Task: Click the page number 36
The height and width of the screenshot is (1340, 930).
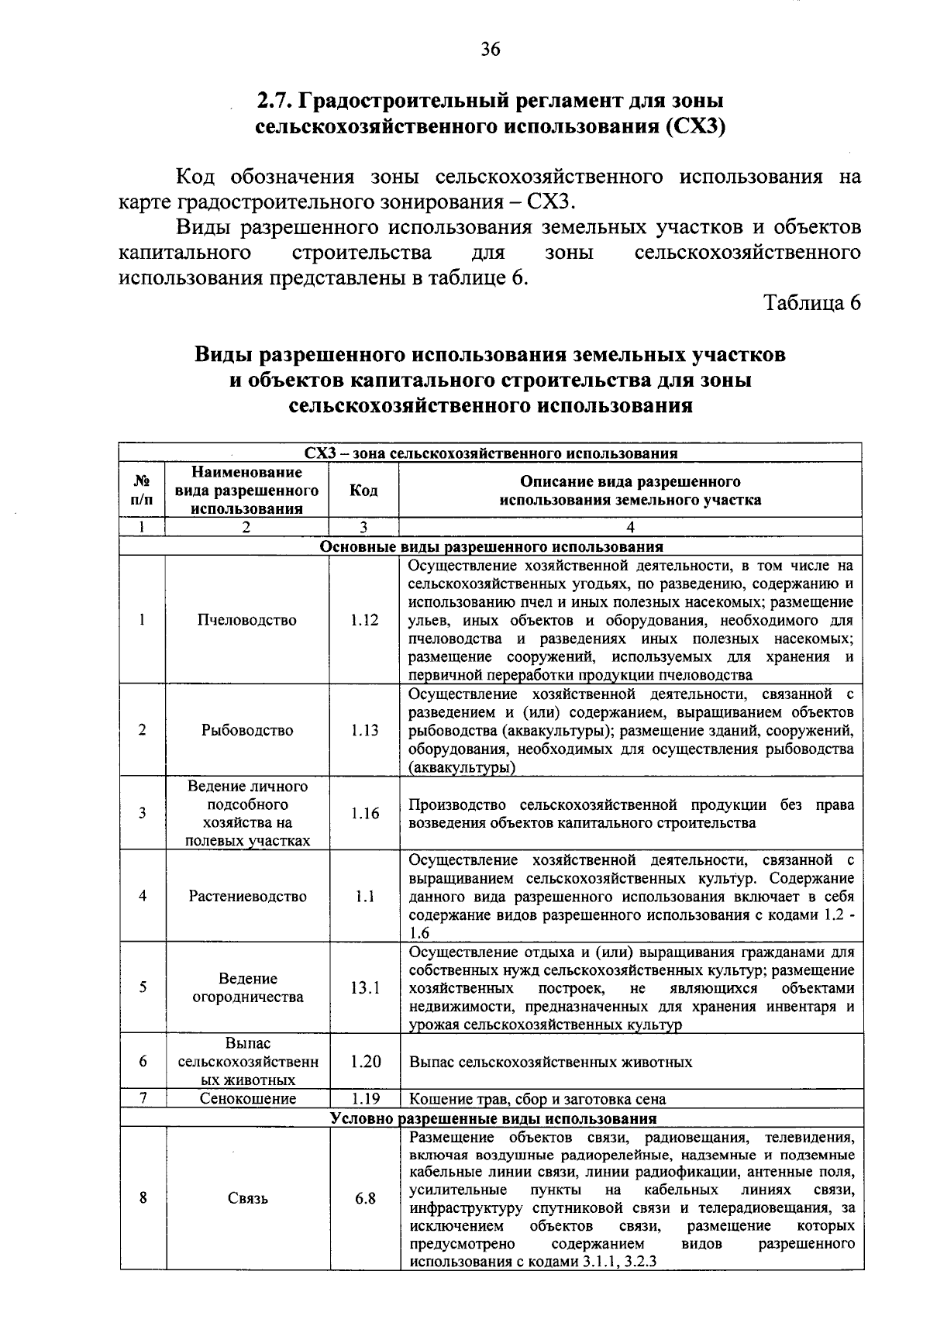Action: (491, 50)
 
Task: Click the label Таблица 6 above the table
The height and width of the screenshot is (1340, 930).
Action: (812, 303)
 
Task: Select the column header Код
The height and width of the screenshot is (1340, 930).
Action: (363, 491)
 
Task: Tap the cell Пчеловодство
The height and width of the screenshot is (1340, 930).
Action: (246, 620)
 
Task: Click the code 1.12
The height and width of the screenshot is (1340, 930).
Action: (364, 620)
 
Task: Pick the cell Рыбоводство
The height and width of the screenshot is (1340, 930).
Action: (247, 730)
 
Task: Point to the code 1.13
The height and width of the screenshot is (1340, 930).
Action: (364, 730)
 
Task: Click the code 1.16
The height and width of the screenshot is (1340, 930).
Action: (364, 813)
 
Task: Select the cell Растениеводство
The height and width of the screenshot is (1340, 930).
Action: (247, 896)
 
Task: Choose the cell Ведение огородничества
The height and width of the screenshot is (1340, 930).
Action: (247, 987)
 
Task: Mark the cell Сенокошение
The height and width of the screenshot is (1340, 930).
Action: (247, 1099)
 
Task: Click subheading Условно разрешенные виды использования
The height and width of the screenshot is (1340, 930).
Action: (493, 1118)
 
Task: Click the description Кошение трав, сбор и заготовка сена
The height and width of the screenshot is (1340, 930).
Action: (537, 1099)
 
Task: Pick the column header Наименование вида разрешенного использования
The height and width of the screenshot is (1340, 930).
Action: (246, 491)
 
